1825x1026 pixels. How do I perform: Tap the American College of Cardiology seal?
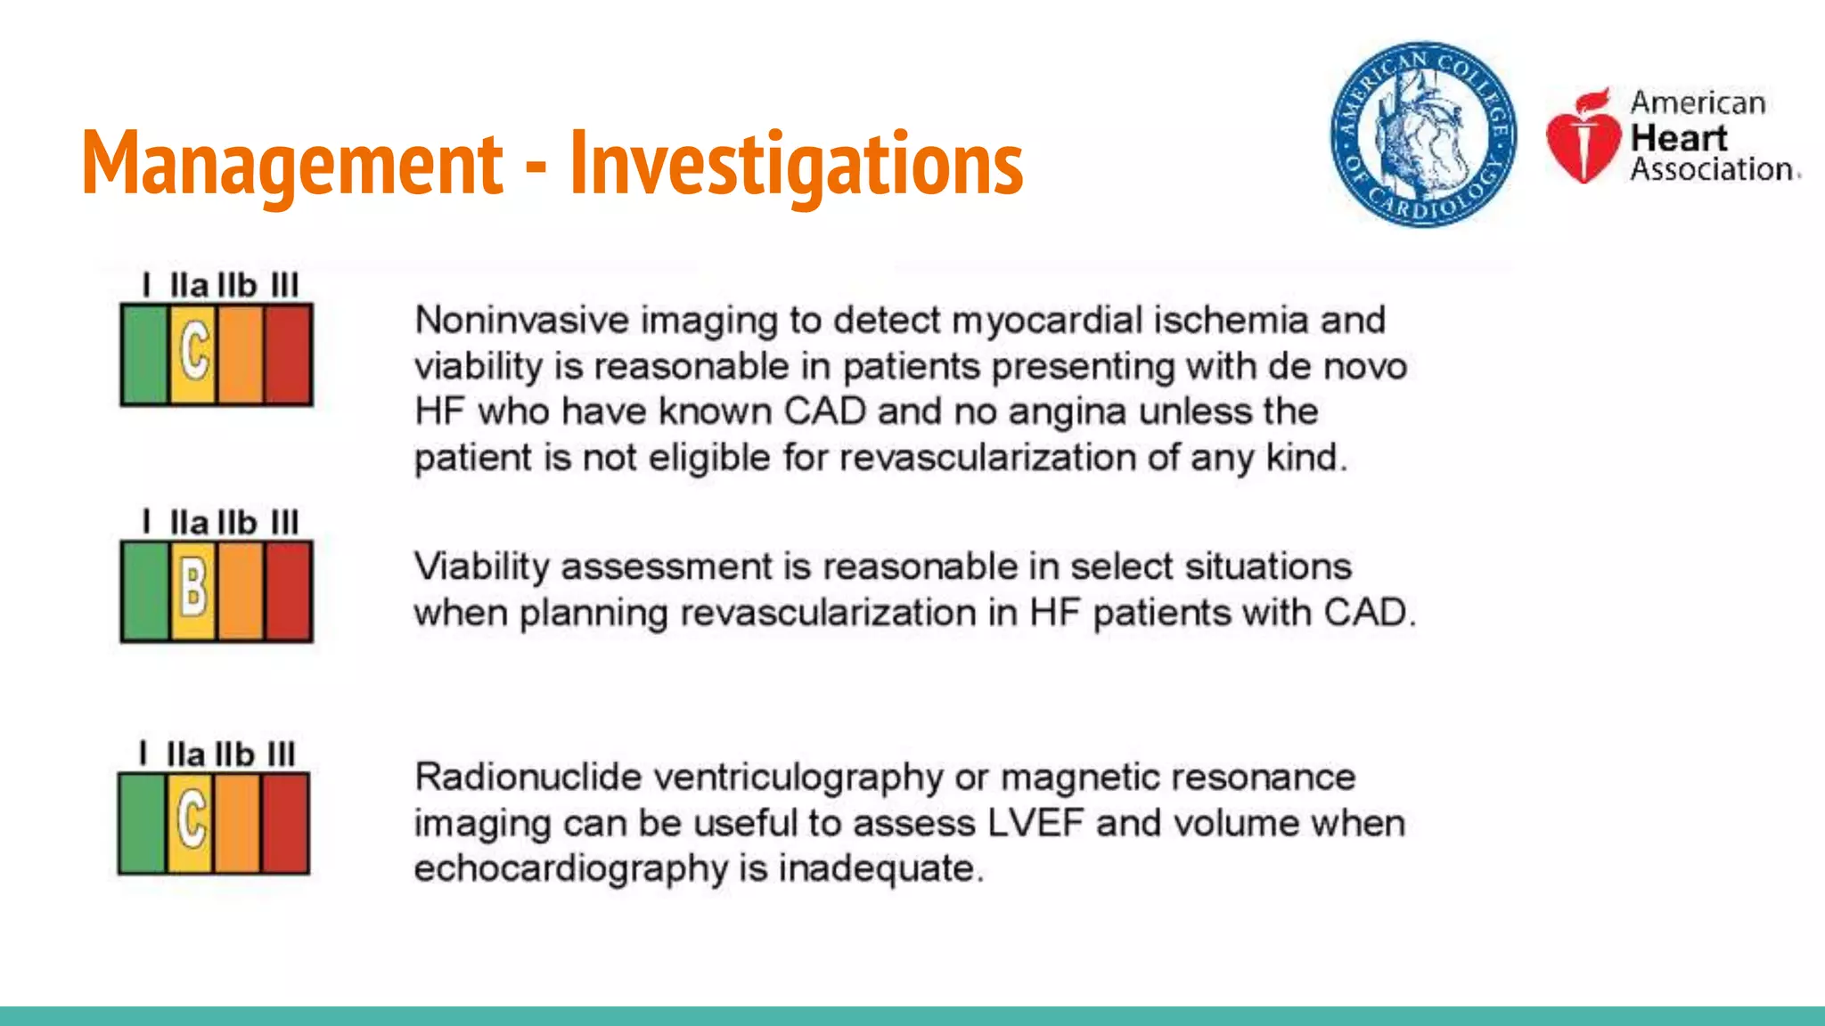tap(1422, 134)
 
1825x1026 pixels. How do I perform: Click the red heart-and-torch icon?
tap(1583, 137)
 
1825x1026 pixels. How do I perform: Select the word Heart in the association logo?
tap(1678, 138)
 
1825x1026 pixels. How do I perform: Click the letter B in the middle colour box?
tap(193, 590)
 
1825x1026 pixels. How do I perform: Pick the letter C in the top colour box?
tap(193, 352)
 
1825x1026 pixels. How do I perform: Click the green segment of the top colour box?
tap(144, 354)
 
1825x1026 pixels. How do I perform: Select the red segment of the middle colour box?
tap(289, 591)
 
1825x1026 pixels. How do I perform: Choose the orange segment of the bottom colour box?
tap(237, 822)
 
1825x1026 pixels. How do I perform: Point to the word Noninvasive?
tap(521, 321)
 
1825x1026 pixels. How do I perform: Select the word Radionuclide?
tap(528, 778)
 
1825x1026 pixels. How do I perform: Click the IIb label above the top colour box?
tap(237, 286)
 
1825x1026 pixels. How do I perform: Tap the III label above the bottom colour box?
tap(281, 754)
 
